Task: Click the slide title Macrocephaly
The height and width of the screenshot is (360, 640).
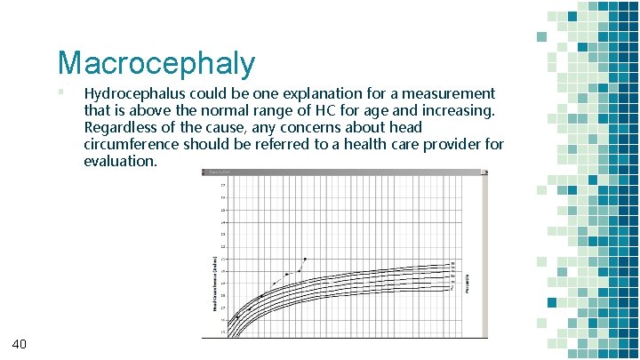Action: tap(156, 63)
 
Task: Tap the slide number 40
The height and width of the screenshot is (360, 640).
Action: tap(20, 344)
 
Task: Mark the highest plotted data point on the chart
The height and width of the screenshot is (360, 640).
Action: tap(305, 259)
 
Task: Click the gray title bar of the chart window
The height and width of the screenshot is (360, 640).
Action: tap(342, 172)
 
